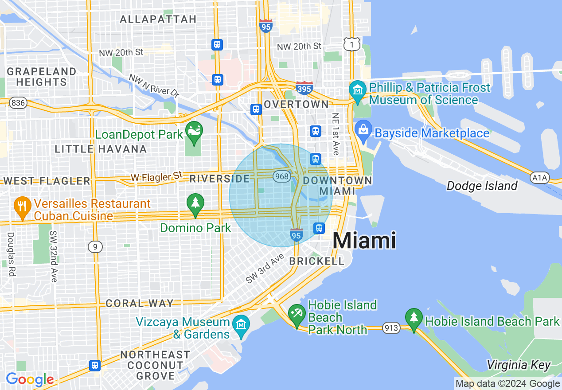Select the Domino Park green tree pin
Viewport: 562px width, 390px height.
click(195, 203)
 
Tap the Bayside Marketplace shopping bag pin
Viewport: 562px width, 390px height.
click(363, 131)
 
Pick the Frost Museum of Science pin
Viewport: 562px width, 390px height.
click(357, 90)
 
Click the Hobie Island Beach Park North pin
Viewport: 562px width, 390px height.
click(296, 315)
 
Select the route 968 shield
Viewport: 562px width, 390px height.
click(281, 177)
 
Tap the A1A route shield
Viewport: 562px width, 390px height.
click(539, 178)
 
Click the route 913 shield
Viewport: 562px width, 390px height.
click(392, 328)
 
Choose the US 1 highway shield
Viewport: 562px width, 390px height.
click(351, 44)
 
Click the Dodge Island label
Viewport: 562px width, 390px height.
click(482, 186)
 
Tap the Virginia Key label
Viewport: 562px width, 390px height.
click(519, 365)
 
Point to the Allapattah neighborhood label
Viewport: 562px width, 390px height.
click(158, 19)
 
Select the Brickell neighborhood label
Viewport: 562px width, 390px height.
click(316, 261)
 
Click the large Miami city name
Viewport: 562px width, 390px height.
click(364, 241)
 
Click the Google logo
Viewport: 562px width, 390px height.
click(30, 379)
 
